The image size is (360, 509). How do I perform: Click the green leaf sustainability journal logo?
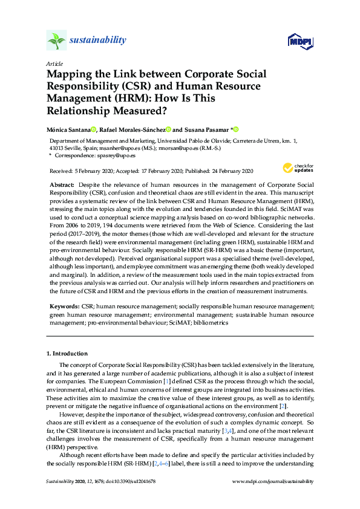coord(56,41)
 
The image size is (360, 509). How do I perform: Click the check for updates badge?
coord(297,169)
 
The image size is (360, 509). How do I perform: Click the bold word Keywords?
coord(62,307)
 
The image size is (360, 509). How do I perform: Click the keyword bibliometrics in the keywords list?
coord(209,323)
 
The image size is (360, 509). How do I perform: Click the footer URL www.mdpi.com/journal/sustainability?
coord(273,481)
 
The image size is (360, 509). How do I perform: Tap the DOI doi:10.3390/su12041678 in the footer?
coord(129,481)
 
